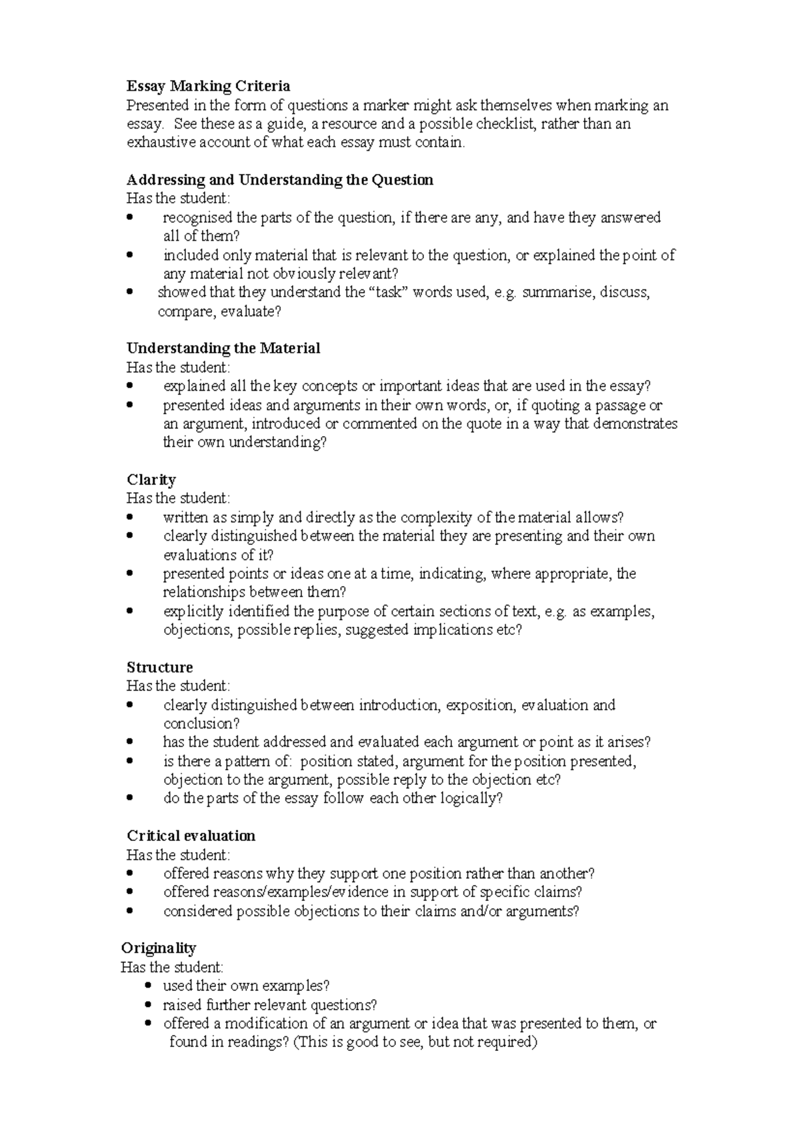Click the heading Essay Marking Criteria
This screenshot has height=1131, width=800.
click(x=208, y=86)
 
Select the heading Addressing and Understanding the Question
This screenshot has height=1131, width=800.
click(x=280, y=180)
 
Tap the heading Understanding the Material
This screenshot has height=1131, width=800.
click(x=223, y=348)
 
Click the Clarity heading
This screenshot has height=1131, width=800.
click(x=151, y=480)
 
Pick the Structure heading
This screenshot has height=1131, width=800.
click(x=159, y=668)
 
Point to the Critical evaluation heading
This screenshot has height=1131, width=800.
click(x=191, y=836)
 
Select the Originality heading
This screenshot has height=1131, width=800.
click(x=158, y=948)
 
